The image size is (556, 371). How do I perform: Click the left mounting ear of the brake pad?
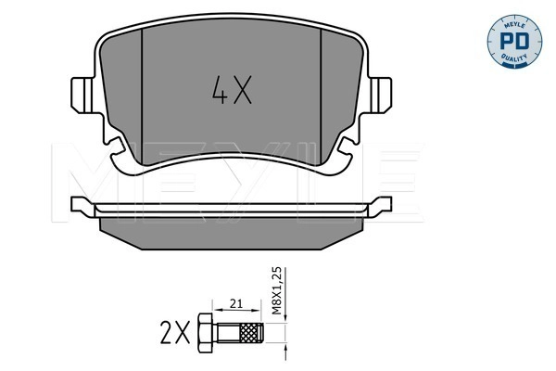[82, 95]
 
